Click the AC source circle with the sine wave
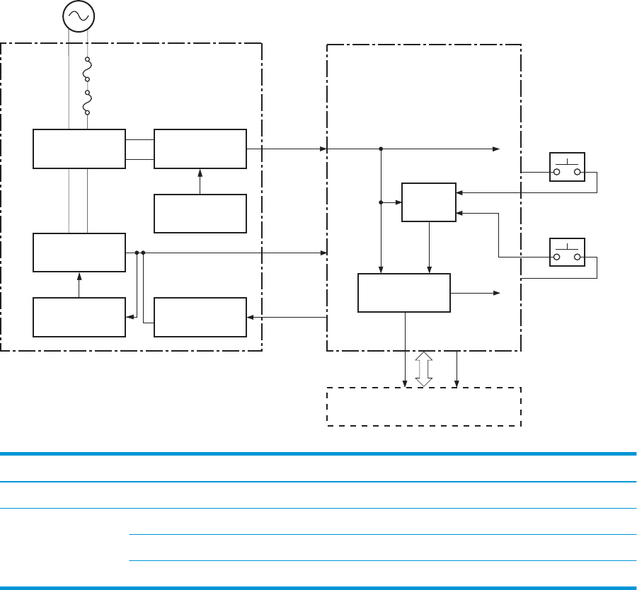click(x=79, y=16)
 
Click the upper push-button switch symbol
click(x=567, y=167)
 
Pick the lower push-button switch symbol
click(x=567, y=252)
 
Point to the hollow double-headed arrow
click(x=423, y=369)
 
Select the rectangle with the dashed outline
click(x=423, y=406)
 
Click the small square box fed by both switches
click(x=429, y=202)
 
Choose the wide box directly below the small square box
click(x=404, y=292)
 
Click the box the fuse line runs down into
click(x=79, y=149)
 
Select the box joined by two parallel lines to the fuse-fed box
click(x=200, y=149)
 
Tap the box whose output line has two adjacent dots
click(x=79, y=252)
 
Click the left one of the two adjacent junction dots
click(x=135, y=252)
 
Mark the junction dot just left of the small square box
click(x=381, y=202)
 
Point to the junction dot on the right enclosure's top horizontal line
click(x=381, y=149)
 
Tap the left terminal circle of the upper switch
click(x=557, y=172)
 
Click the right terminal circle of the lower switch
click(x=578, y=257)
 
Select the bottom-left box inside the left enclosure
click(x=79, y=318)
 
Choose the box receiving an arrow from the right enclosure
click(x=200, y=318)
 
